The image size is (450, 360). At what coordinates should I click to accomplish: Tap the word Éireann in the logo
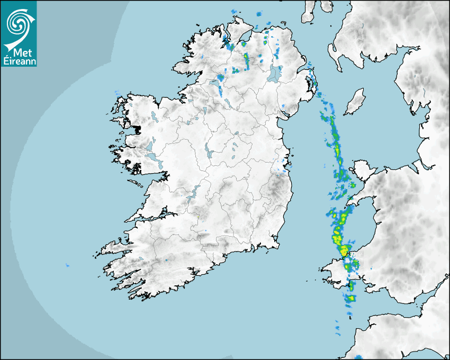[19, 61]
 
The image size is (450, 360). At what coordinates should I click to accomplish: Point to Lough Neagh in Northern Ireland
[275, 73]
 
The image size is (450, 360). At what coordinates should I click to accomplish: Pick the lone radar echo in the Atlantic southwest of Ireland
[67, 265]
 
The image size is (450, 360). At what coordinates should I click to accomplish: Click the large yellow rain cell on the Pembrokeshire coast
[344, 249]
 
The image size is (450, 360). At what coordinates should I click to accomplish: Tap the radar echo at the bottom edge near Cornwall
[358, 357]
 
